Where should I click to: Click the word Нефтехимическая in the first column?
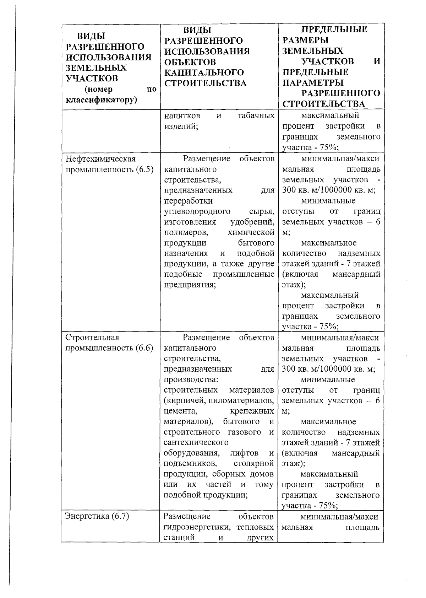[x=101, y=159]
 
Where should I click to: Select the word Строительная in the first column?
[x=93, y=337]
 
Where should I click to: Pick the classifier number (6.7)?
[x=120, y=516]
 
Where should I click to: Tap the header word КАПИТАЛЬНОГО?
[x=204, y=72]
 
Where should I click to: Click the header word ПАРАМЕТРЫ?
[x=313, y=83]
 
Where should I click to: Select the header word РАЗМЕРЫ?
[x=305, y=40]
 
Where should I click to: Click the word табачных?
[x=256, y=116]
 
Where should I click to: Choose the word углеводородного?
[x=197, y=211]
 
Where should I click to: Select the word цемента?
[x=180, y=411]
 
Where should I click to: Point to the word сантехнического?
[x=196, y=443]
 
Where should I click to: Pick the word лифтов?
[x=244, y=453]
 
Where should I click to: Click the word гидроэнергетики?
[x=198, y=527]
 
